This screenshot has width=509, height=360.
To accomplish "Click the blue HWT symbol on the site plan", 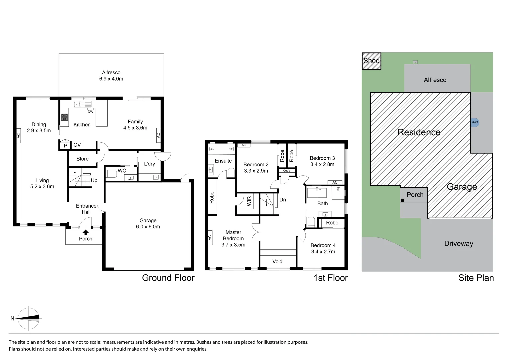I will [475, 122].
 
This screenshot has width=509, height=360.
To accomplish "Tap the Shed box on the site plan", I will [371, 61].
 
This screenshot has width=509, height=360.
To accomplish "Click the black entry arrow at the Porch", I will [86, 232].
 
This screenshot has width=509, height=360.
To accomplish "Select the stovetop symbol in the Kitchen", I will [64, 117].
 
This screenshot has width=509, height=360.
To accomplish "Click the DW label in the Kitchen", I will [90, 112].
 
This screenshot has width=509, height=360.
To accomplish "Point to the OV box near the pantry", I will [77, 145].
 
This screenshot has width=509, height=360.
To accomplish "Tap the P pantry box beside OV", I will [65, 145].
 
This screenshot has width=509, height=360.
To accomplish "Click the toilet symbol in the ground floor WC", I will [111, 173].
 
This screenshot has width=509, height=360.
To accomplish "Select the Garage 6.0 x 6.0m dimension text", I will [148, 227].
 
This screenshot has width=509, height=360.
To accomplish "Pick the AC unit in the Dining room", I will [19, 136].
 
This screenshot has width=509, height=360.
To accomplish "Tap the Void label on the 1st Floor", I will [277, 261].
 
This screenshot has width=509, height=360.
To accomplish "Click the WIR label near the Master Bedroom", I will [249, 201].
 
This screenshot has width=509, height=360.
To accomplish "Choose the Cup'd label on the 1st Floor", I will [287, 171].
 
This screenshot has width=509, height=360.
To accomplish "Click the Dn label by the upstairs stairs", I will [283, 200].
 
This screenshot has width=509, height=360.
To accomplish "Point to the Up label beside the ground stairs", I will [94, 180].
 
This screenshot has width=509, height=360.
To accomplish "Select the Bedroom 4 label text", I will [323, 245].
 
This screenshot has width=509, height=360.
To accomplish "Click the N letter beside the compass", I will [12, 318].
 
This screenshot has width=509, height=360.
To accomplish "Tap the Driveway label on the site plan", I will [458, 243].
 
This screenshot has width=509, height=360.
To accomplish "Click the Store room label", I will [82, 159].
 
